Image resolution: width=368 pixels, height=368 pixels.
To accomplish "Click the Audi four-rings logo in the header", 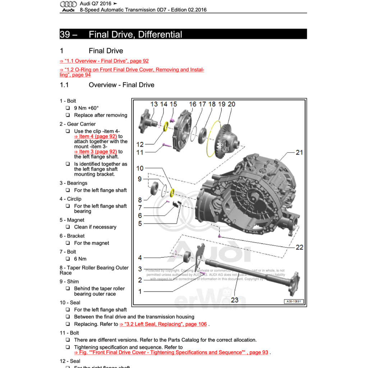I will click(x=68, y=4).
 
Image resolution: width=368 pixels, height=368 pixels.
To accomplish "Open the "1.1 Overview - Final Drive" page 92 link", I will click(x=104, y=61).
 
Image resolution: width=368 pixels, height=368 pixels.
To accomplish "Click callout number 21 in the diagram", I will click(x=299, y=152).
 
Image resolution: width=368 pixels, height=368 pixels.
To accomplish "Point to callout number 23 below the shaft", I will click(x=235, y=299).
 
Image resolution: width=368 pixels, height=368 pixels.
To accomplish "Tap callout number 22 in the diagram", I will click(x=299, y=247).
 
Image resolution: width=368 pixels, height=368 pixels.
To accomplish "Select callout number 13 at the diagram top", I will click(x=154, y=104).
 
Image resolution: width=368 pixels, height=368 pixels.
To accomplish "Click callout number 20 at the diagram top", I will click(x=231, y=104).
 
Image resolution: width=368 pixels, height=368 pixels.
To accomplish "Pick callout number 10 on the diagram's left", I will click(x=140, y=168).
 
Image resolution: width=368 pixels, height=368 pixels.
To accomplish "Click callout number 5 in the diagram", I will click(x=140, y=224).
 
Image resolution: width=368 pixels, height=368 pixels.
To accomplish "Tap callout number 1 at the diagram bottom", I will click(x=140, y=291).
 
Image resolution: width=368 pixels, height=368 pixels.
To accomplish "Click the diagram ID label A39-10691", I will click(x=294, y=301).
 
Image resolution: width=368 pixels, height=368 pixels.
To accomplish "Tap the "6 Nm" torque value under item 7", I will click(x=80, y=259).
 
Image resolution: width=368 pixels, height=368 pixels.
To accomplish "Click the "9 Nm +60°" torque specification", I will click(x=86, y=108).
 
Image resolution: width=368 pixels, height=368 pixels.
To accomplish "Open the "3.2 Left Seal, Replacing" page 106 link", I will click(x=164, y=324).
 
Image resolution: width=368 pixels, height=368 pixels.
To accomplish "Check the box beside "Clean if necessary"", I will click(x=68, y=227).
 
